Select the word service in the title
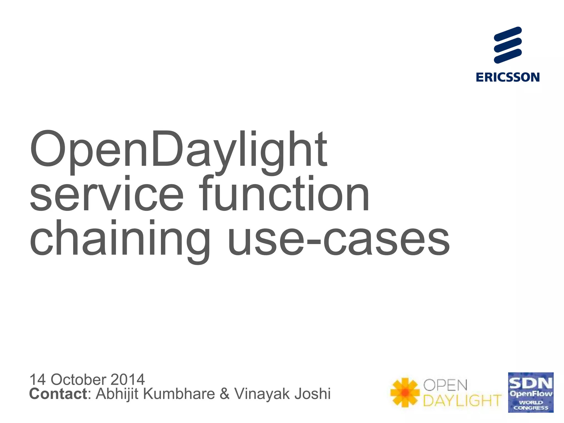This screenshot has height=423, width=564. click(107, 194)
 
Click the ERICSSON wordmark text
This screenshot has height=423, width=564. click(508, 77)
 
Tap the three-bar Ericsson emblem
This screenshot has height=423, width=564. click(508, 45)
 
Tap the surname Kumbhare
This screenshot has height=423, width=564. click(179, 394)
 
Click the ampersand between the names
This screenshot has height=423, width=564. click(224, 394)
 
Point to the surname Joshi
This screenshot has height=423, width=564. click(312, 394)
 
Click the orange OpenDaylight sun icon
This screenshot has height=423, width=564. click(405, 392)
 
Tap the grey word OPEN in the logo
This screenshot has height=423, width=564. click(445, 385)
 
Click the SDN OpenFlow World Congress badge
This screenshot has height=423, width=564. click(531, 392)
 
